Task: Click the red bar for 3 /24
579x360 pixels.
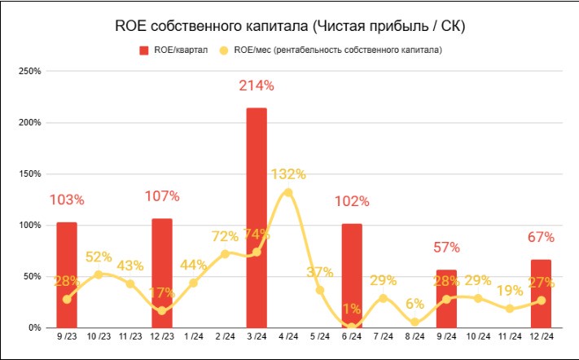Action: [x=257, y=217]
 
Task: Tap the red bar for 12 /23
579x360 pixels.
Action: [x=162, y=273]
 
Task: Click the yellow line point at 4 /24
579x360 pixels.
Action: [x=288, y=192]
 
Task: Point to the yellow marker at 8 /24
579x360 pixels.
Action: [x=415, y=322]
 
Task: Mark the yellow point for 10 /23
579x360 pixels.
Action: [x=99, y=274]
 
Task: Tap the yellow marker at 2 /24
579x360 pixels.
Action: [x=225, y=253]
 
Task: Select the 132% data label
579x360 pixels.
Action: [x=288, y=173]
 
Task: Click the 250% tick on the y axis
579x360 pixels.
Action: [x=30, y=72]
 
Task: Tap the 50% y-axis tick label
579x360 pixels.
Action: [x=33, y=276]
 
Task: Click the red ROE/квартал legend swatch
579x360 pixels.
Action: [x=144, y=50]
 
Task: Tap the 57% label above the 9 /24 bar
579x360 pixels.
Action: [x=446, y=248]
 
